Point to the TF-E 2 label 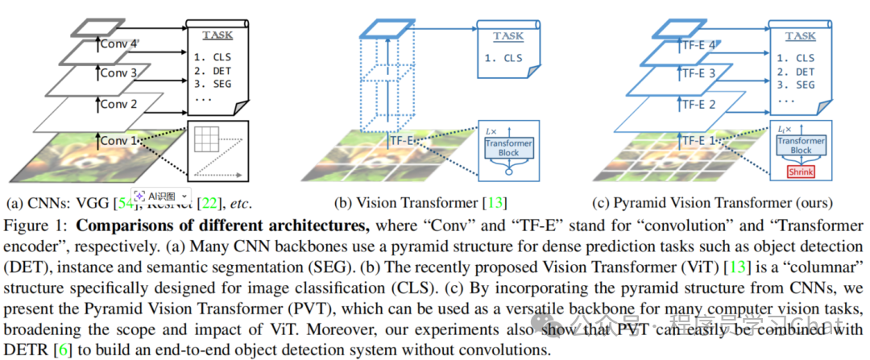point(698,105)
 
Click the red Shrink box point(801,172)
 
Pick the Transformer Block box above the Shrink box point(801,145)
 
